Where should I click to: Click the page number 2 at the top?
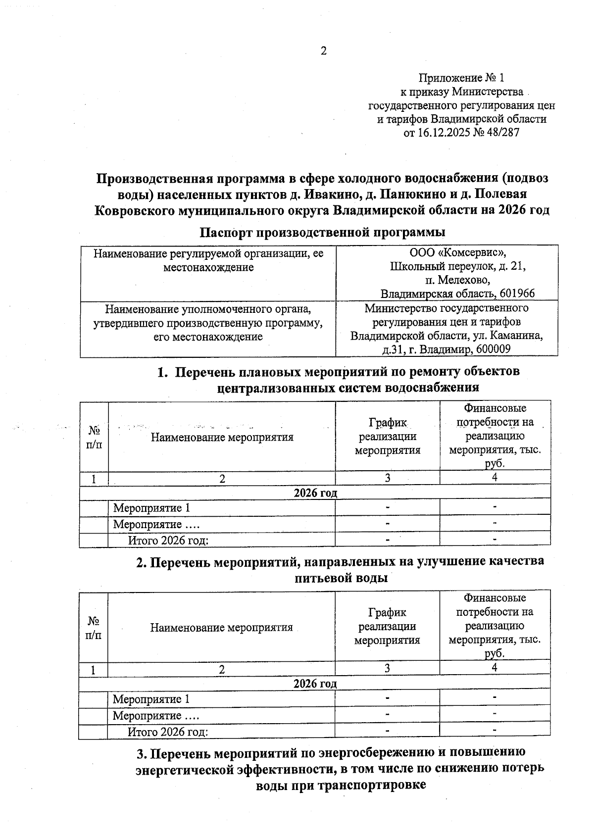coord(324,51)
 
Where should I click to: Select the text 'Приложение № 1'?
coord(461,78)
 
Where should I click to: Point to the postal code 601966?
coord(517,293)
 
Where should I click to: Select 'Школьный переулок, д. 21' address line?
coord(457,266)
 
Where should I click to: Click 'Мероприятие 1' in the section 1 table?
coord(151,508)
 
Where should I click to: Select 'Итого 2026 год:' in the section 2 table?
coord(167,732)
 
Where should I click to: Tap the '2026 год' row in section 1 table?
coord(315,493)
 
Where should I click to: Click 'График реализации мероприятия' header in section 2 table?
coord(387,626)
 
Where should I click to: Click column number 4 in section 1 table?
coord(495,477)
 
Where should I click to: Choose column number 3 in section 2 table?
coord(387,668)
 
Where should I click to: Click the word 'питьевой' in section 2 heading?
coord(320,578)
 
